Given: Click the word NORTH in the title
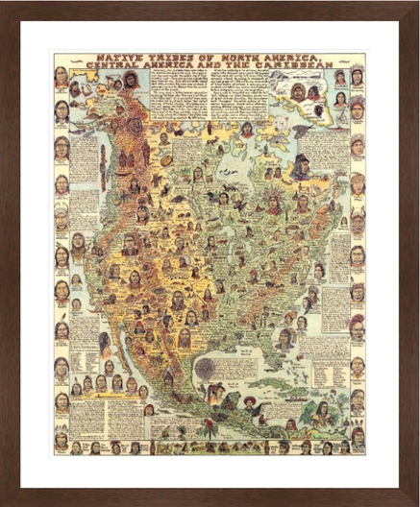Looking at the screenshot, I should (x=231, y=59).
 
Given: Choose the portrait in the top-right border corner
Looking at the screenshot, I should (x=357, y=76).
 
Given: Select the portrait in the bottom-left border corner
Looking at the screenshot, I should (x=62, y=443).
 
